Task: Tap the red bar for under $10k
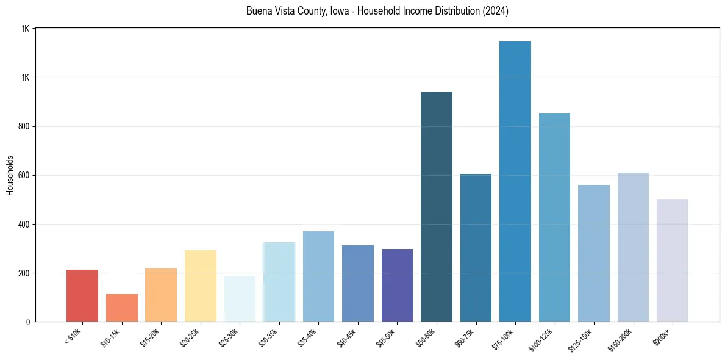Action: click(82, 295)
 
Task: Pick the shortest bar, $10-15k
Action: click(122, 308)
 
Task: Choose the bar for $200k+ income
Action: click(673, 260)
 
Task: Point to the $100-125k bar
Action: click(554, 217)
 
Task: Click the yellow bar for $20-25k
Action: click(201, 286)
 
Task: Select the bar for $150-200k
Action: click(633, 247)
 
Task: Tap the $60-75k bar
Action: click(476, 248)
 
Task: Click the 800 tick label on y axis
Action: click(24, 126)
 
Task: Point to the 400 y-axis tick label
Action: click(24, 224)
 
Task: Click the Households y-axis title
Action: click(10, 175)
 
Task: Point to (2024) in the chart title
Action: click(495, 12)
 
